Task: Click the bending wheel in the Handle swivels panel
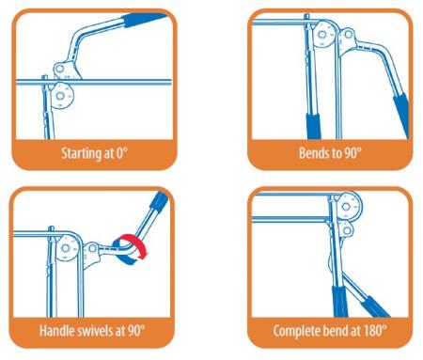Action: (x=65, y=249)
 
